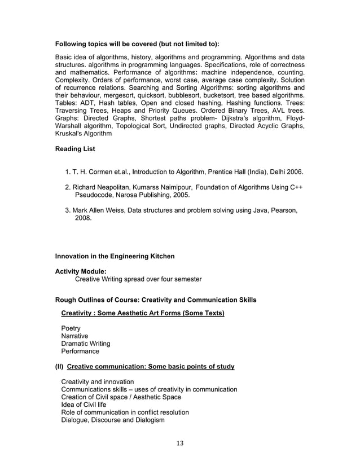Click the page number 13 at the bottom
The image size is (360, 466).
click(x=180, y=442)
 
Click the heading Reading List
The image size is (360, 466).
click(x=75, y=149)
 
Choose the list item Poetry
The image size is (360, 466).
click(x=71, y=328)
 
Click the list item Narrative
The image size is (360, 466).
click(x=74, y=336)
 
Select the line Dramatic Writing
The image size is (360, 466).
click(x=85, y=344)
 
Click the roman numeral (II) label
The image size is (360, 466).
click(x=59, y=367)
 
